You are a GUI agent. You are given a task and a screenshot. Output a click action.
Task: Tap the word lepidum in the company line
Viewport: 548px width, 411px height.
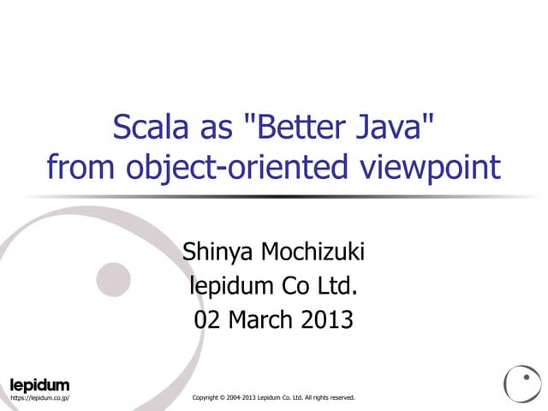(x=229, y=287)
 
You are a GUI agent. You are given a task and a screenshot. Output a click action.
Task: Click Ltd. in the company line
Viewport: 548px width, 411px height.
(x=337, y=286)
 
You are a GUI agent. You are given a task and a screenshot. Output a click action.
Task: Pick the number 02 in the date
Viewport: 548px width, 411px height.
(x=209, y=319)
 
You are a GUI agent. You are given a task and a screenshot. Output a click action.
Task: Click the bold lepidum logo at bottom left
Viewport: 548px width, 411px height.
(x=39, y=384)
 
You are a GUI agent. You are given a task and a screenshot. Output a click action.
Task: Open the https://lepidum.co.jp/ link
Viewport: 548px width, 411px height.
(x=39, y=398)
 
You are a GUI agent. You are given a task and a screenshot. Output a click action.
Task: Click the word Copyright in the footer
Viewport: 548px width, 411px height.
(x=209, y=398)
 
